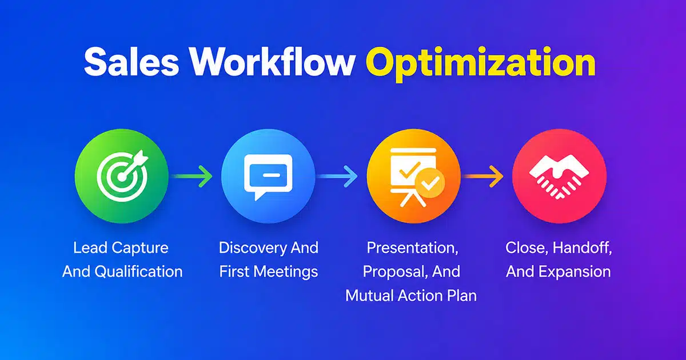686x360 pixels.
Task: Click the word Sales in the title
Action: point(131,62)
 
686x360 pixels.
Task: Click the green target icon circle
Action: point(122,176)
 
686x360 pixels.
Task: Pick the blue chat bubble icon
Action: point(268,176)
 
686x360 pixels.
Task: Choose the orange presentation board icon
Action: point(414,176)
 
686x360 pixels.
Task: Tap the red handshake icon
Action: point(559,176)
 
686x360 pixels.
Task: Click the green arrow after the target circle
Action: point(192,177)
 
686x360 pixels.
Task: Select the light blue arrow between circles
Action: point(337,177)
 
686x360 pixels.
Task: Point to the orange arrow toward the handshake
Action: point(482,177)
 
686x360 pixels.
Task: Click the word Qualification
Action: point(139,272)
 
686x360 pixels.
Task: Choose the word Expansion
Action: point(575,272)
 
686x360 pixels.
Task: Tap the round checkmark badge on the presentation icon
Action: point(430,183)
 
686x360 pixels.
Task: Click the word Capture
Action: point(140,248)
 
